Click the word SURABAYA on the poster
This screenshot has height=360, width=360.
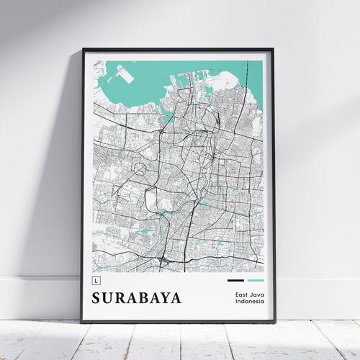coord(137,298)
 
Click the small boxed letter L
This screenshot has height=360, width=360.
coord(96,279)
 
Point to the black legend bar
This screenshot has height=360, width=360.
coord(235,280)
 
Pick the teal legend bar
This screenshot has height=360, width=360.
coord(256,280)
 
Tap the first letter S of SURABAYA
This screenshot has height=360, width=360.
coord(97,298)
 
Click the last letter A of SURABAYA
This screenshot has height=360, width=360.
coord(176,298)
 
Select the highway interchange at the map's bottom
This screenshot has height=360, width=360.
coord(167,258)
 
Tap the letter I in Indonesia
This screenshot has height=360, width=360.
coord(236,302)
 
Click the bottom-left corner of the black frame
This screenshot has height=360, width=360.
coord(81,322)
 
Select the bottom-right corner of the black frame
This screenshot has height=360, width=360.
coord(275,322)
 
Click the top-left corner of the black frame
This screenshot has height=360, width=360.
coord(82,49)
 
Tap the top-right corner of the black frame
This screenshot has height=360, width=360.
coord(274,49)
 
